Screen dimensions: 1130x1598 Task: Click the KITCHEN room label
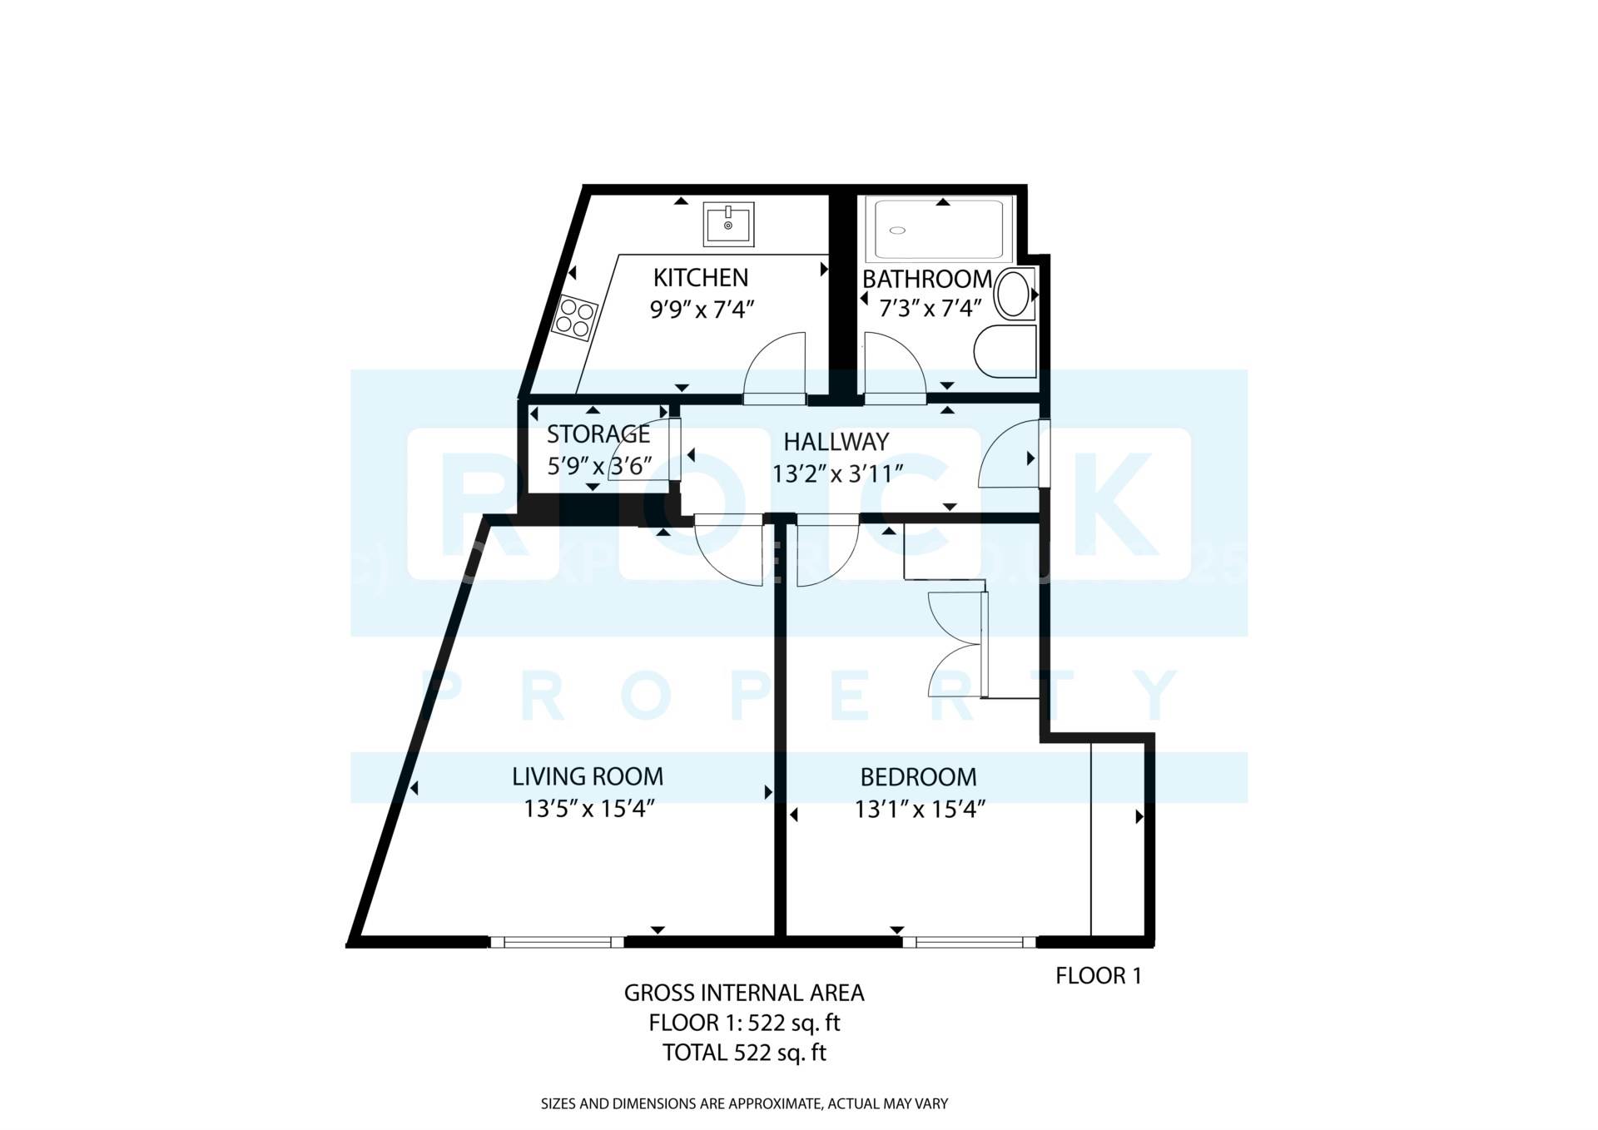(x=700, y=277)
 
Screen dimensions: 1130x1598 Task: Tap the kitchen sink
(x=728, y=224)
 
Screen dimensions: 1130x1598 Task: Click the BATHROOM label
(x=926, y=279)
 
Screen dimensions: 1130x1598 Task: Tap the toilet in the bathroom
(x=1004, y=350)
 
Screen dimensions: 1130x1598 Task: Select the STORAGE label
(x=598, y=434)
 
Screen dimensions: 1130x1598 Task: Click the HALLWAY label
(x=836, y=442)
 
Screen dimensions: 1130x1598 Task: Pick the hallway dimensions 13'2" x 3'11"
(x=837, y=474)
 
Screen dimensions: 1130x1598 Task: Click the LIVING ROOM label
(x=588, y=777)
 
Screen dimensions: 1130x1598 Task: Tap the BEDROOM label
(x=918, y=777)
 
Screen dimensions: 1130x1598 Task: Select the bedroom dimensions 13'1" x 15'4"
(x=920, y=809)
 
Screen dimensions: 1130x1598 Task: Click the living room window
(x=556, y=942)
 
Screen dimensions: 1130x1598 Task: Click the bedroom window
(x=970, y=942)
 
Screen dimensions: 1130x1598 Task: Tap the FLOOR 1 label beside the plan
(x=1098, y=976)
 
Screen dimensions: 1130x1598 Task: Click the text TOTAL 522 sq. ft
(x=744, y=1053)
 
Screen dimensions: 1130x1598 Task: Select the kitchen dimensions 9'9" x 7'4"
(x=702, y=310)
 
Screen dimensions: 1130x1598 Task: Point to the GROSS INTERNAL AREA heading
(x=744, y=993)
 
